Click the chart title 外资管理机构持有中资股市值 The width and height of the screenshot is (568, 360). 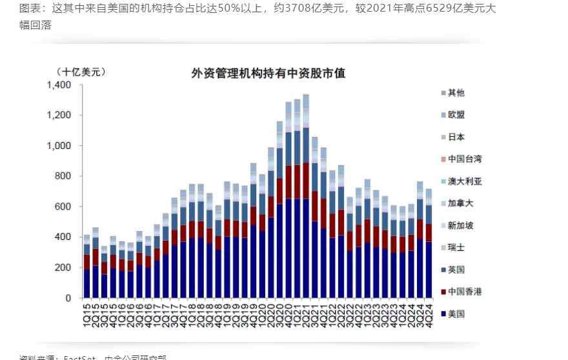click(x=268, y=74)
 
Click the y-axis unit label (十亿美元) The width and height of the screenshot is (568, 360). click(x=80, y=72)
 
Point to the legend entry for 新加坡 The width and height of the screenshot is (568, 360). click(x=460, y=226)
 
